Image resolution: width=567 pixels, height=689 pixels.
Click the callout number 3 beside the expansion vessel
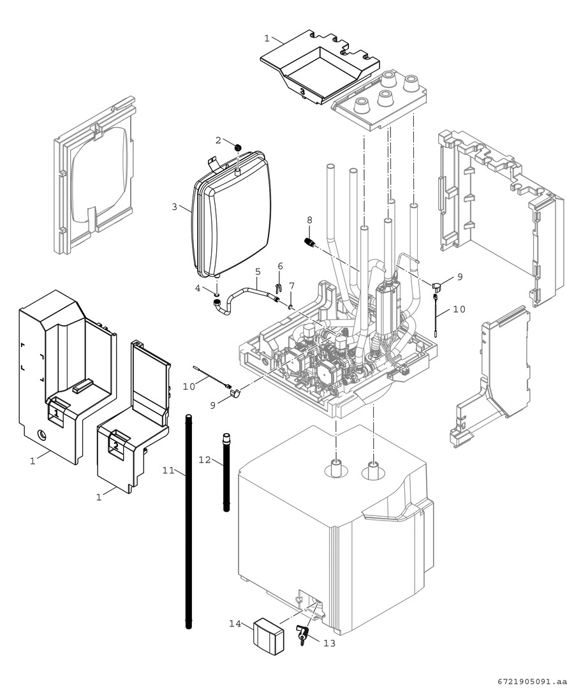pos(173,207)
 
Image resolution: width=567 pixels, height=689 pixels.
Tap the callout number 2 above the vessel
pos(217,140)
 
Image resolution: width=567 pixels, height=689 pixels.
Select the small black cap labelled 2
pos(237,148)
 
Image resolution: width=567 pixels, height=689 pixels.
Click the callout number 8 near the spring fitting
pos(309,220)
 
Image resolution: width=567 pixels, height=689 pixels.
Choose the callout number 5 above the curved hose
pos(258,272)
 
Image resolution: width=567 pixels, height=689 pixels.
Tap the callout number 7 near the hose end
pos(291,285)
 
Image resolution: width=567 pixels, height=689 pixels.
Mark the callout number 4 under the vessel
pos(198,288)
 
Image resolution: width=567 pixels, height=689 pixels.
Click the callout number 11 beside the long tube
pos(168,470)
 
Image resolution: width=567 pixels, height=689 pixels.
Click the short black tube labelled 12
pos(226,472)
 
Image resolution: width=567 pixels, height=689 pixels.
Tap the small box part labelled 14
pos(269,635)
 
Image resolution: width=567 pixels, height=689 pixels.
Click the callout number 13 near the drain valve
pos(329,643)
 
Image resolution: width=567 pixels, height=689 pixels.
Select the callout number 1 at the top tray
pos(267,38)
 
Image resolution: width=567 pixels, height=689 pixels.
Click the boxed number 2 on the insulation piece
pos(115,444)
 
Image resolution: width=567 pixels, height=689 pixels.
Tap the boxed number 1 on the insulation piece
pos(57,413)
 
